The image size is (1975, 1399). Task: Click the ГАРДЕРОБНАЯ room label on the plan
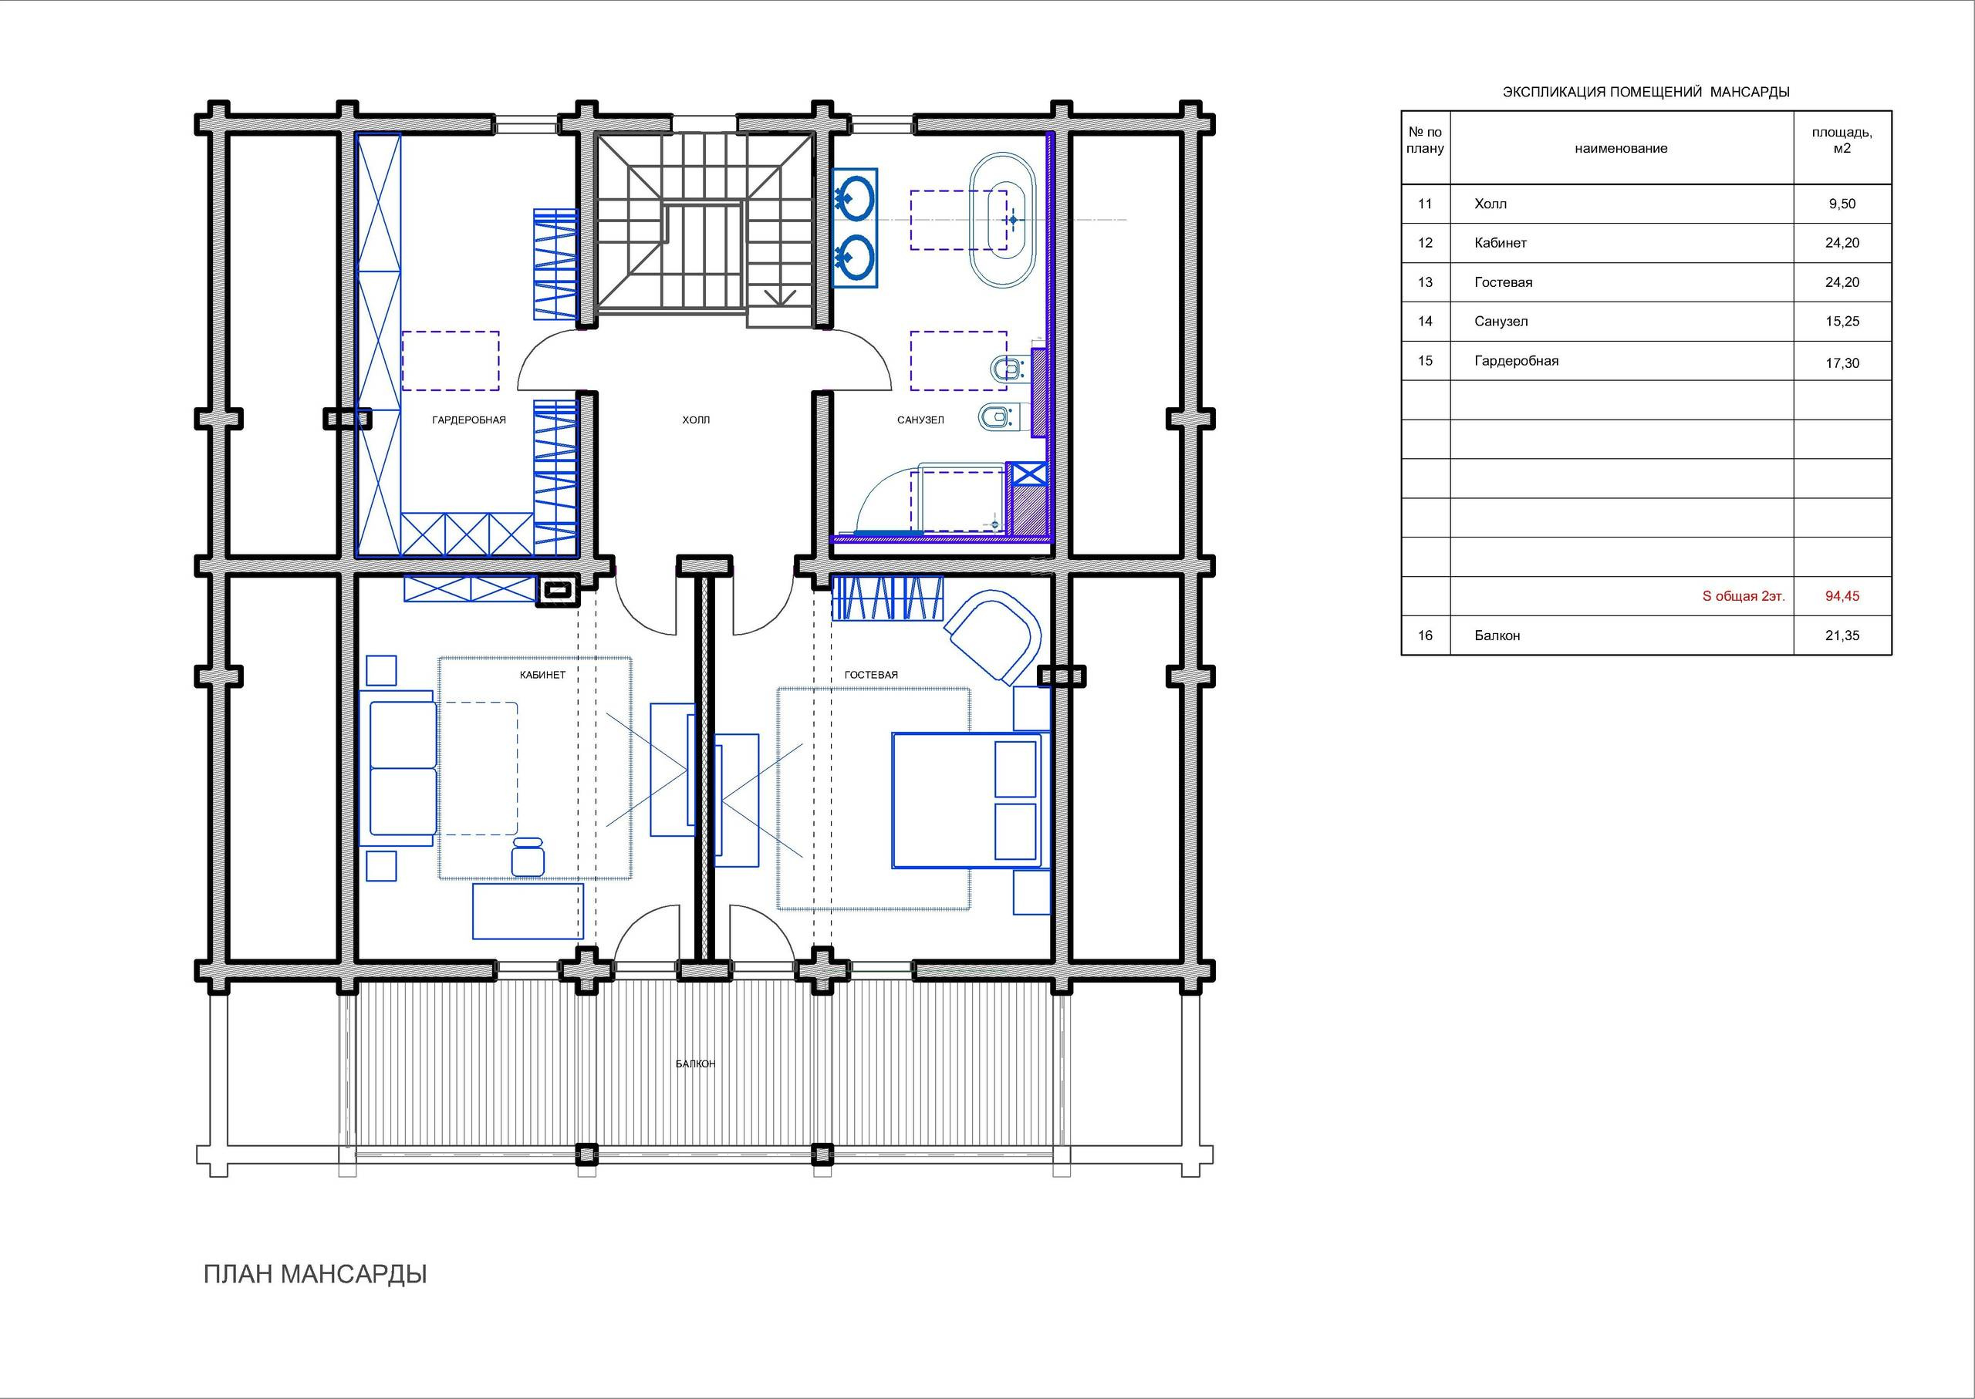469,420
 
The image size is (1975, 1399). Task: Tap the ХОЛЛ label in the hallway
696,420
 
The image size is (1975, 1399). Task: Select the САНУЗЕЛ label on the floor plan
920,420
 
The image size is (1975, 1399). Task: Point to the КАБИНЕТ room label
543,675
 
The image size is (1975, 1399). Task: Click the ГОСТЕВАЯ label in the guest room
871,675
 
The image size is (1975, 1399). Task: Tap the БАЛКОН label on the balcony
695,1064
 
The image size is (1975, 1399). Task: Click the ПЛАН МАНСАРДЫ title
316,1275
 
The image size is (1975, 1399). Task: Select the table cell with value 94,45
1842,596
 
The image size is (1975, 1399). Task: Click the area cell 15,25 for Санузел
1842,322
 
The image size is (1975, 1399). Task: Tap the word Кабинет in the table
1501,243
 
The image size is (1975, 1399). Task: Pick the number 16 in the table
1425,635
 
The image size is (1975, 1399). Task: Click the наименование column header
1621,148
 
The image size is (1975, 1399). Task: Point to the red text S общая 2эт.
1744,596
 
